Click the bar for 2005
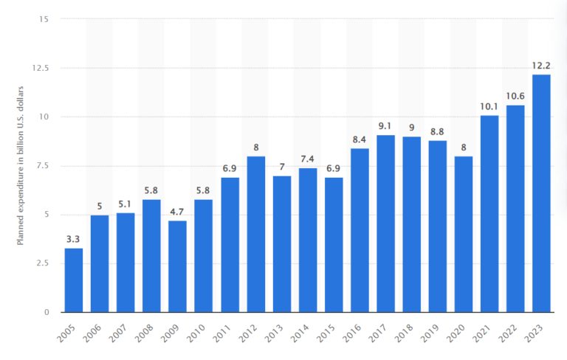[73, 280]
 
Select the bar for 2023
[541, 193]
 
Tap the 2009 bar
[177, 266]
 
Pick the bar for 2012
[255, 234]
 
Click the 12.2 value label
[541, 66]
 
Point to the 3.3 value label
[73, 239]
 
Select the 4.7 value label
[177, 212]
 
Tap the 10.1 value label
[489, 106]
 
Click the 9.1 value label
[385, 126]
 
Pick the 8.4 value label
[360, 139]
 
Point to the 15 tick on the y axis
[44, 19]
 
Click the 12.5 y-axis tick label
[40, 68]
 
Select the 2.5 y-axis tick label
[42, 263]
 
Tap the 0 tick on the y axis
[46, 312]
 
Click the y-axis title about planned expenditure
[22, 166]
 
